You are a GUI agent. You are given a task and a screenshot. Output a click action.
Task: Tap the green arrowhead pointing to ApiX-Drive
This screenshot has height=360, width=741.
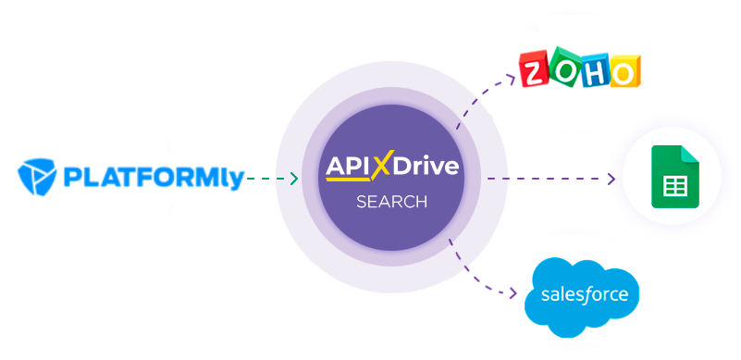[293, 179]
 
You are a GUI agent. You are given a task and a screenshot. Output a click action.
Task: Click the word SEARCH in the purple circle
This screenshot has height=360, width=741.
[392, 201]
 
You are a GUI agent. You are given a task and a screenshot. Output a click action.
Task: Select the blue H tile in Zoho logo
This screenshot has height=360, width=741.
[594, 70]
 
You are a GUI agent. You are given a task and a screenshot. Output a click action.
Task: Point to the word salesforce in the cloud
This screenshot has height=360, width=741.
[582, 295]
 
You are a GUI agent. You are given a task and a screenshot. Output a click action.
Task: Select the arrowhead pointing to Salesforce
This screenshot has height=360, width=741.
[513, 294]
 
